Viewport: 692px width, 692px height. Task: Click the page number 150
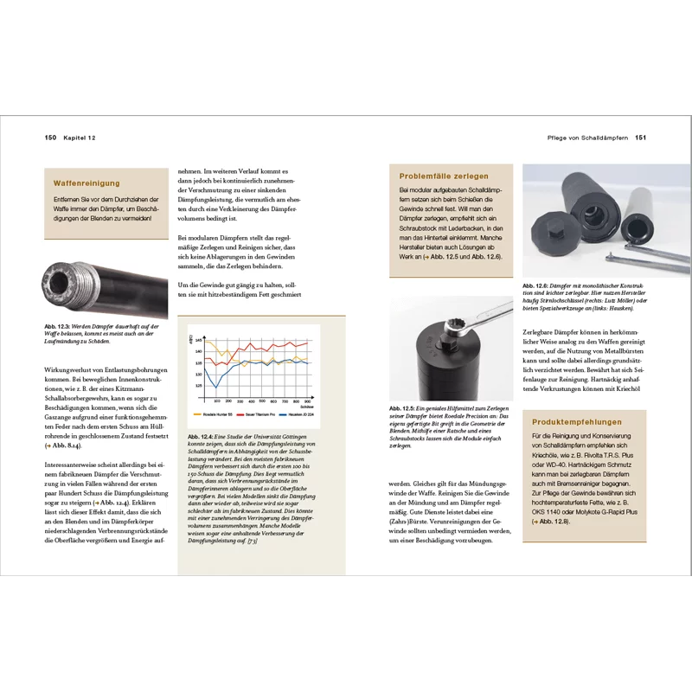point(50,138)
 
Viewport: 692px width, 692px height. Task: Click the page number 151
point(642,138)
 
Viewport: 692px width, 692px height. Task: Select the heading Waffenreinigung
point(86,183)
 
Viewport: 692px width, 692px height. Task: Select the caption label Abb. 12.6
point(537,285)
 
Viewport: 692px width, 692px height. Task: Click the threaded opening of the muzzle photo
point(60,286)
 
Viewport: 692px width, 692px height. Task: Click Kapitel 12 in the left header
point(80,138)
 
